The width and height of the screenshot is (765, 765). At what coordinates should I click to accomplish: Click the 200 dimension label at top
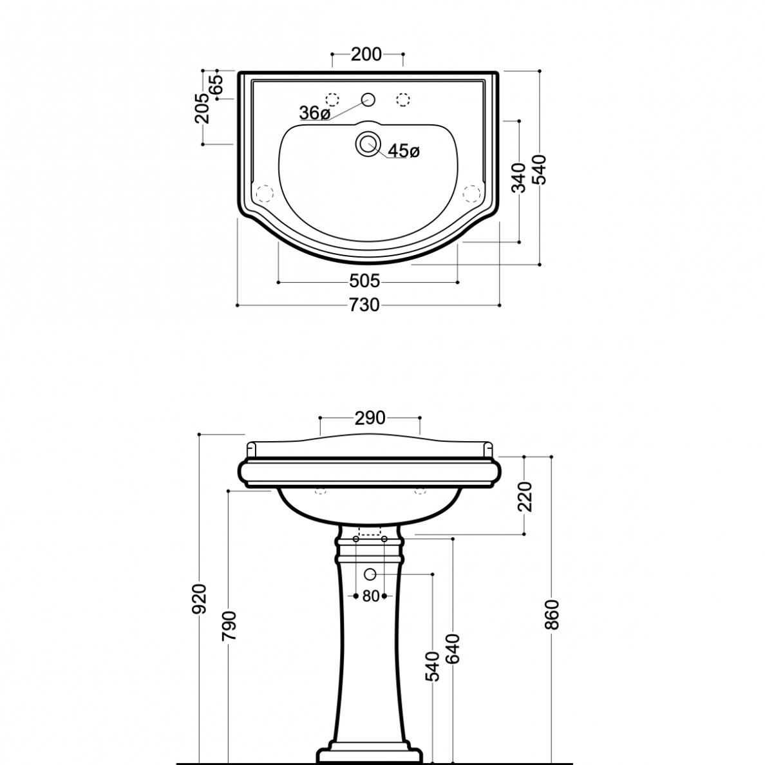(x=366, y=54)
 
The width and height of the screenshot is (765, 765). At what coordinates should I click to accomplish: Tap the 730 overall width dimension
(x=364, y=305)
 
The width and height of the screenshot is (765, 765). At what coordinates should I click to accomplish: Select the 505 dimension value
(x=364, y=281)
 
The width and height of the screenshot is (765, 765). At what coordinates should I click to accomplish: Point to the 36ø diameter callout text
(x=315, y=113)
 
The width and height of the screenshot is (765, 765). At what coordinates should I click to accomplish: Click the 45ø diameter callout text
(x=404, y=151)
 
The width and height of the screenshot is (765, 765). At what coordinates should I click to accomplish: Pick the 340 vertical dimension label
(x=518, y=178)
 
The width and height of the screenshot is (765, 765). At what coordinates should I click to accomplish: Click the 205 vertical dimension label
(x=202, y=108)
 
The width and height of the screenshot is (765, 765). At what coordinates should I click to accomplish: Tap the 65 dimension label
(x=216, y=84)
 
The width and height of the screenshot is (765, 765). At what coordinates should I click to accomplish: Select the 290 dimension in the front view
(x=370, y=418)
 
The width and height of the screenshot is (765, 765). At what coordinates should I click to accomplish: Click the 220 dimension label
(x=524, y=496)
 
